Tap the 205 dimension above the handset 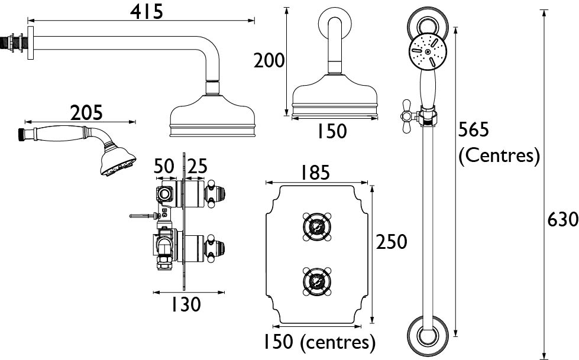(x=86, y=113)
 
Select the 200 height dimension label (x=269, y=60)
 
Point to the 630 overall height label (x=563, y=220)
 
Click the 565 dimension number (x=473, y=129)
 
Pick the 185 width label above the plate (x=315, y=173)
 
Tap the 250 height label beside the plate (x=392, y=242)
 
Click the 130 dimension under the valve (x=185, y=304)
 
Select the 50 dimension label (x=164, y=166)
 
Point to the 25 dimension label (x=197, y=166)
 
